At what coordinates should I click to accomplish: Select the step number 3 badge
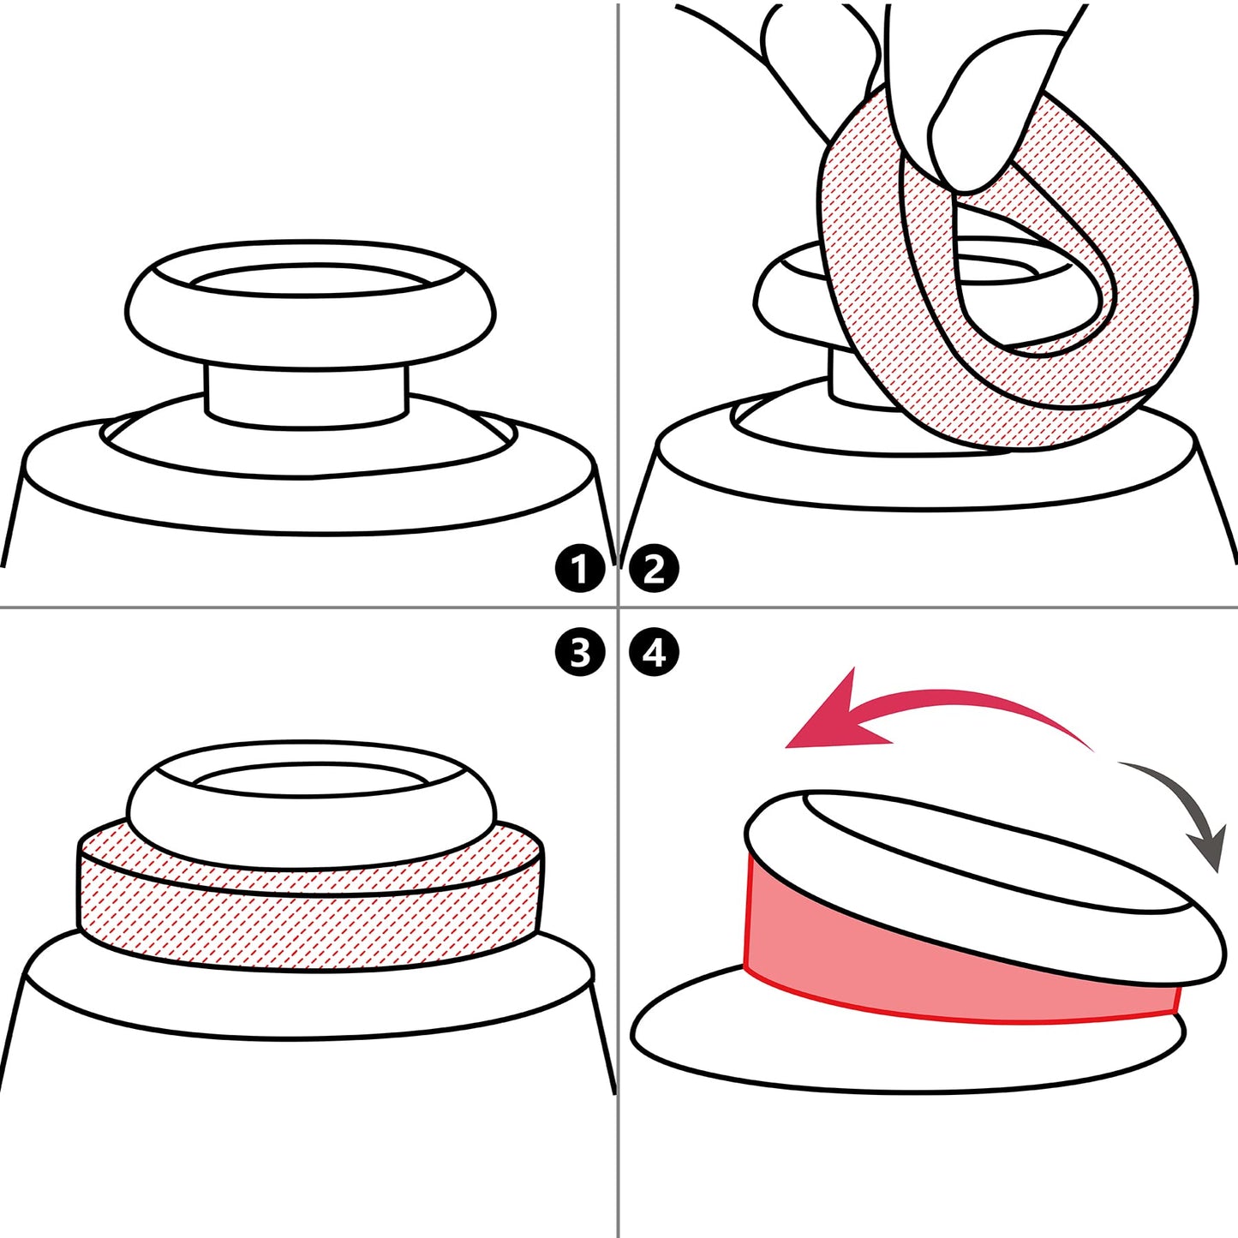[579, 653]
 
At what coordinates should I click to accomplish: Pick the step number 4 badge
[654, 653]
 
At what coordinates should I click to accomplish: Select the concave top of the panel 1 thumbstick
[309, 280]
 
